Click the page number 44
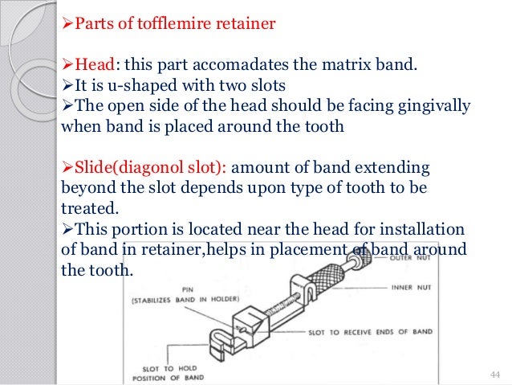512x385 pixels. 494,375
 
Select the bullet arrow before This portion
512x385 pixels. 67,227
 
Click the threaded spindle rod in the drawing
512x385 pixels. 265,301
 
